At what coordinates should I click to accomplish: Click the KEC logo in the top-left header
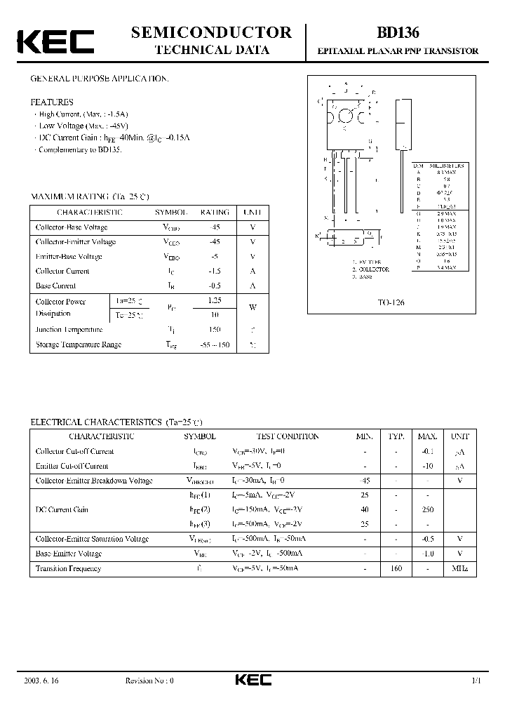click(x=55, y=41)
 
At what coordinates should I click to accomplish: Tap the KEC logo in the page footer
click(x=252, y=680)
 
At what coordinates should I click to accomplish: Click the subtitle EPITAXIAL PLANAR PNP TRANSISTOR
click(x=398, y=51)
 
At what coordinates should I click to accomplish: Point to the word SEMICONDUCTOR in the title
click(x=211, y=32)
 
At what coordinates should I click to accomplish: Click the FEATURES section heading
click(x=51, y=102)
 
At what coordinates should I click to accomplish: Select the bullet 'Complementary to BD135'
click(x=79, y=150)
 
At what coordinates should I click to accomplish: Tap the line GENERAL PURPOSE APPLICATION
click(x=99, y=79)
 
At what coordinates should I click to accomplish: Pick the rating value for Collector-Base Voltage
click(x=215, y=227)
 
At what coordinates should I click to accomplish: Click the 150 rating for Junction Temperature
click(x=215, y=329)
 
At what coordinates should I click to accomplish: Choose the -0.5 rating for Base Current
click(x=215, y=286)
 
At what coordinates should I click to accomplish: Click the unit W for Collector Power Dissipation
click(x=252, y=307)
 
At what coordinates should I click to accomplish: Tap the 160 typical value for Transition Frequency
click(x=396, y=568)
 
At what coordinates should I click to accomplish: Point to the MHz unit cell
click(x=459, y=568)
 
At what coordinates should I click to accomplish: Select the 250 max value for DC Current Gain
click(x=428, y=509)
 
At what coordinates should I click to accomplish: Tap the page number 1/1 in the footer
click(x=476, y=681)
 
